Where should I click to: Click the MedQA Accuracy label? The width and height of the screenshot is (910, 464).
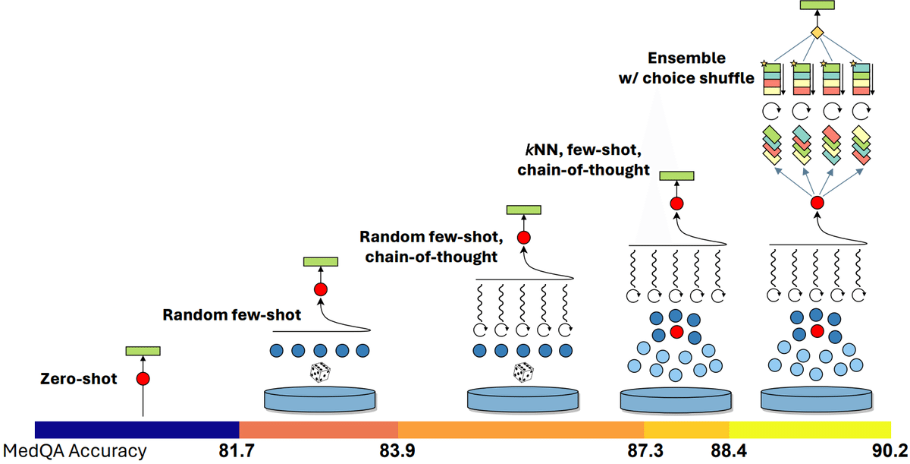click(x=75, y=451)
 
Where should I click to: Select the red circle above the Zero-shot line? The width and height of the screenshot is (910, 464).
click(x=143, y=378)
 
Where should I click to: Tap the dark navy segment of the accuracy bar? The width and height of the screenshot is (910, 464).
click(x=136, y=428)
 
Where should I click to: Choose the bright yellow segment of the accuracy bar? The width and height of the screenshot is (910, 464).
click(x=809, y=428)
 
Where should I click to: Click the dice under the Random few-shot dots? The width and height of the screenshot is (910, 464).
click(x=320, y=372)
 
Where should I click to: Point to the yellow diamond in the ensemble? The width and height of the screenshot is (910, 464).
click(x=817, y=33)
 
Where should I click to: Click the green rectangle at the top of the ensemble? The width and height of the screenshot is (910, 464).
click(x=817, y=5)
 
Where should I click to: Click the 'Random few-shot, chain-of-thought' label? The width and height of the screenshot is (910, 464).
click(x=428, y=247)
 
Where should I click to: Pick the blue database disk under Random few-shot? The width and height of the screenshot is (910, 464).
click(x=319, y=399)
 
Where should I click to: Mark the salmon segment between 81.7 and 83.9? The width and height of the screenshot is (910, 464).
click(x=318, y=428)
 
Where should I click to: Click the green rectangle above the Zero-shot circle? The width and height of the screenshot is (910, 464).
click(x=143, y=351)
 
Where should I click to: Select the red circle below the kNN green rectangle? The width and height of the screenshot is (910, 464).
click(x=676, y=204)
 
